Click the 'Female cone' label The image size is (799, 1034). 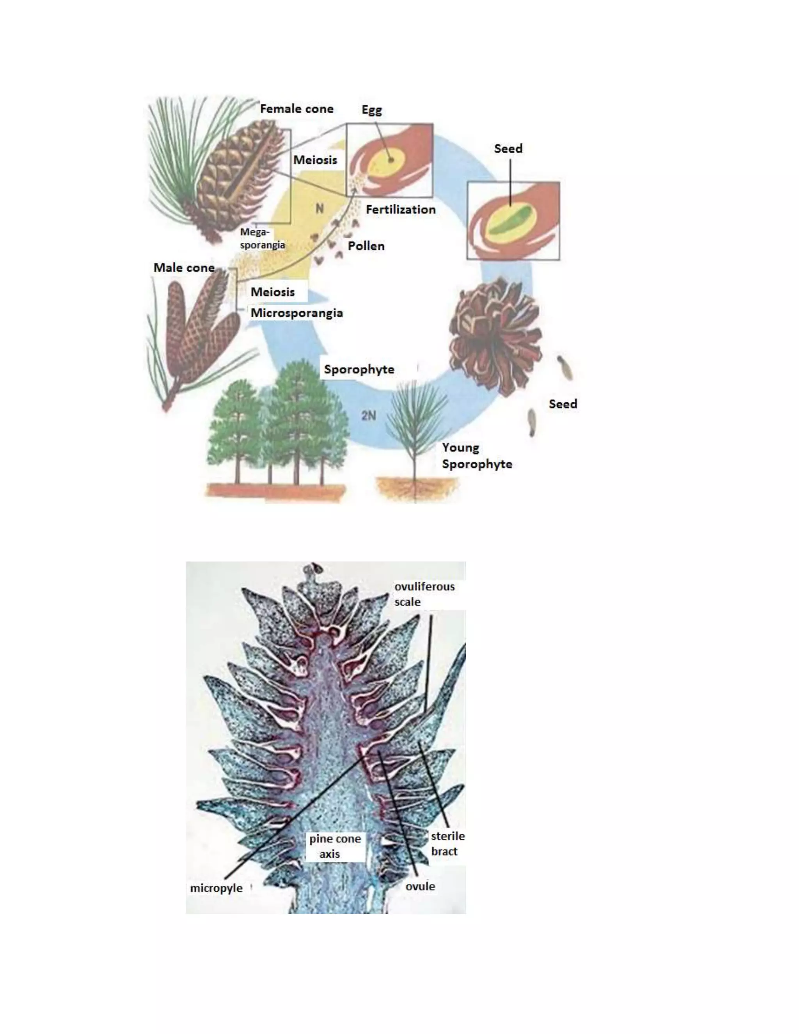pos(297,109)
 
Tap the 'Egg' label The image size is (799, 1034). pos(371,110)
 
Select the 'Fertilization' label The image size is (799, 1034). pos(400,209)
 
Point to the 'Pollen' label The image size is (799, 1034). pos(366,246)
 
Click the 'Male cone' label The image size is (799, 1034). pos(184,268)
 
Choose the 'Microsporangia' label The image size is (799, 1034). pos(297,313)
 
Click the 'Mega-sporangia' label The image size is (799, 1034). pos(262,238)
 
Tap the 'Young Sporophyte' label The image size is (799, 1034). pos(476,455)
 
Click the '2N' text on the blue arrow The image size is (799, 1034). pos(369,415)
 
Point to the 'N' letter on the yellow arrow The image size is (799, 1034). pos(320,208)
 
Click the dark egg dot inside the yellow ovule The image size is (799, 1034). pos(391,160)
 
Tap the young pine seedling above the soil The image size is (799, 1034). pos(415,426)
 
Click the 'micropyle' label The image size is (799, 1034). pos(216,888)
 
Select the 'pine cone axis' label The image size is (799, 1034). pos(335,846)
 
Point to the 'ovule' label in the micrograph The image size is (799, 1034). pos(420,886)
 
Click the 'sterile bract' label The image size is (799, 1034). pos(447,844)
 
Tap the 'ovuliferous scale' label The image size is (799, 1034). pos(424,594)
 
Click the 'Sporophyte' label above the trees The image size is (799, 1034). pos(359,369)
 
